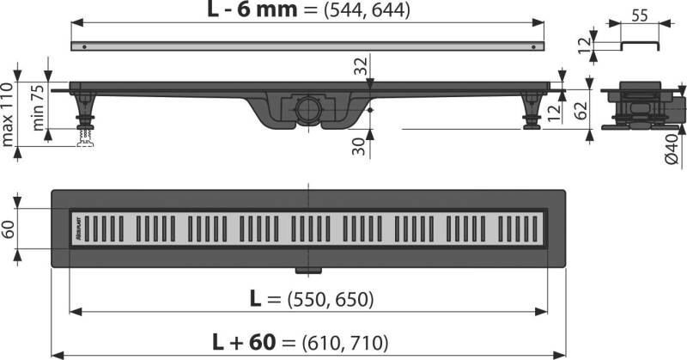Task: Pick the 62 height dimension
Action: [x=580, y=108]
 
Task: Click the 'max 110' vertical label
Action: [x=12, y=108]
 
